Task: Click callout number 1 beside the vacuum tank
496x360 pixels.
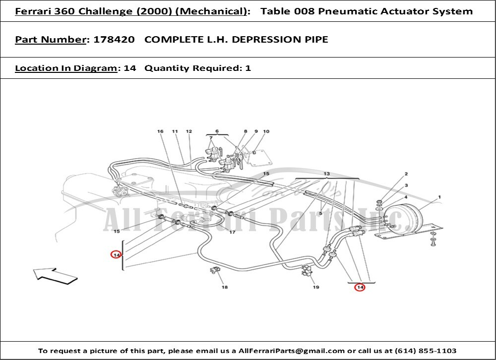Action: [439, 197]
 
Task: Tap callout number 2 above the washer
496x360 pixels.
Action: [406, 174]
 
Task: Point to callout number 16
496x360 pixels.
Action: [160, 131]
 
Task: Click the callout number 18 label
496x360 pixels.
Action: [225, 288]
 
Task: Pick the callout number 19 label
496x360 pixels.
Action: [315, 288]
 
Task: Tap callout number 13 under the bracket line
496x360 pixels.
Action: [327, 174]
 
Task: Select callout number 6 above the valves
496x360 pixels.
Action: [217, 131]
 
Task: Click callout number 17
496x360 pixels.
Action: [232, 232]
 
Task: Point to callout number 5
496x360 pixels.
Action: [321, 213]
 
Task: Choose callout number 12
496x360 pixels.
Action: [188, 131]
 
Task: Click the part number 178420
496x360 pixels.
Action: [114, 39]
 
